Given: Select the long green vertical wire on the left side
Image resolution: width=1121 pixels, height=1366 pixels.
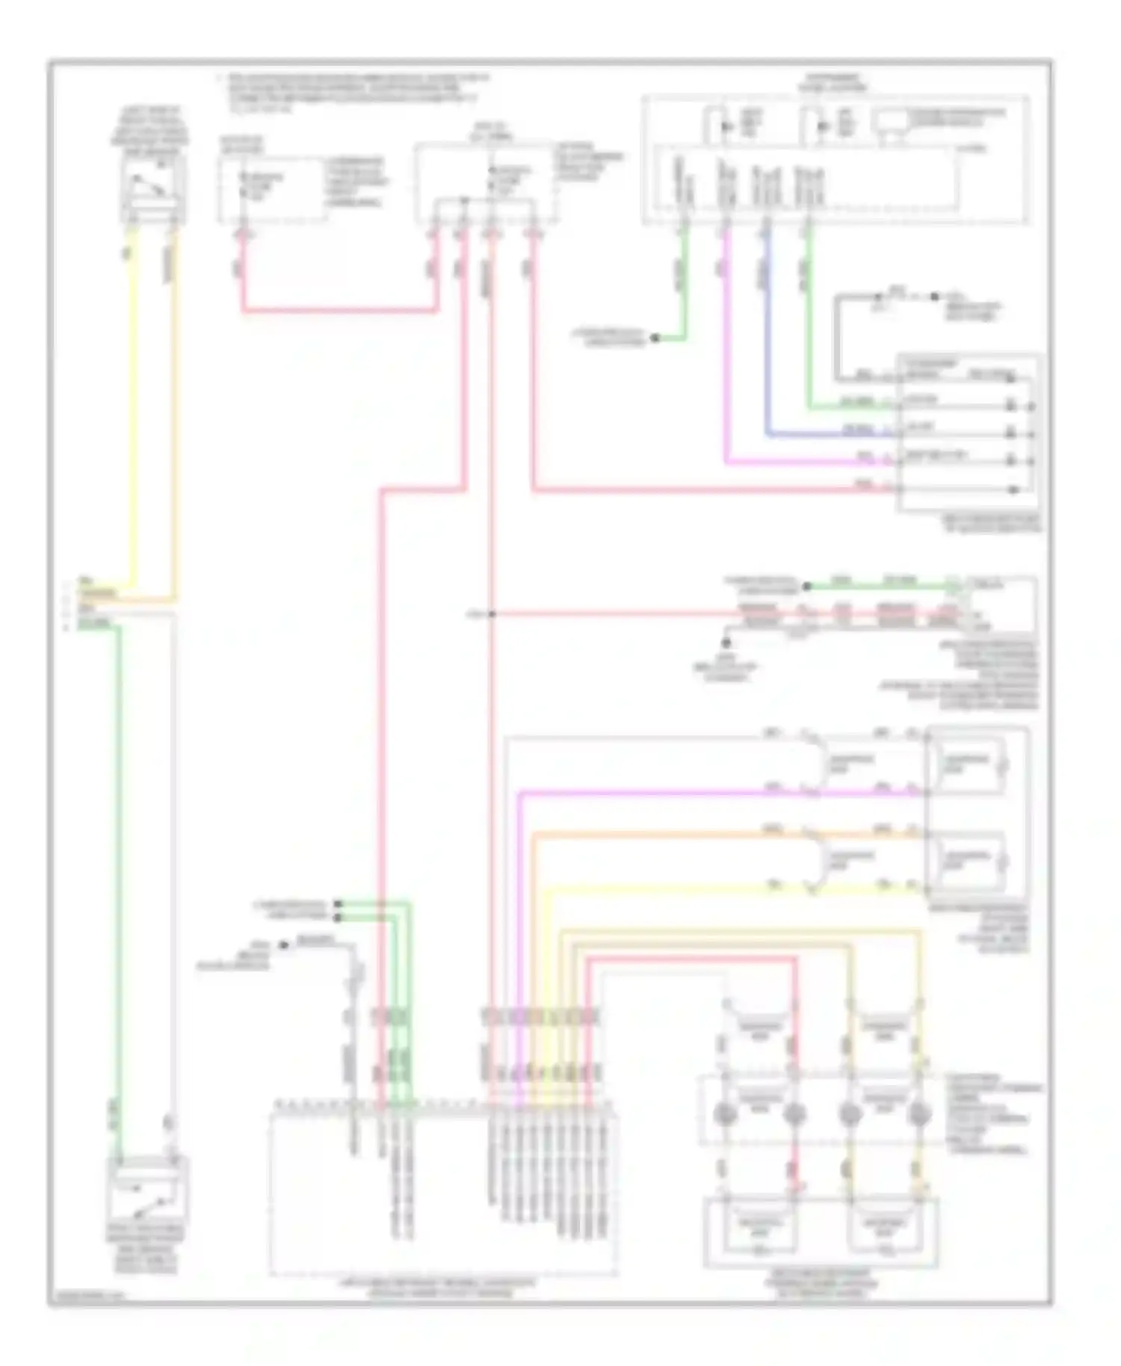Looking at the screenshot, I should tap(118, 859).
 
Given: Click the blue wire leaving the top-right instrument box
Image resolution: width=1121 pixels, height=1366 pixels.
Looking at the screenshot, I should tap(767, 359).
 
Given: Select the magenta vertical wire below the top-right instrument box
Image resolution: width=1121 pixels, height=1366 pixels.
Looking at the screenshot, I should tap(726, 359).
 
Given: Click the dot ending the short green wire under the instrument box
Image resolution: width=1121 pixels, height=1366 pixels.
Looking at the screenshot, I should tap(654, 339).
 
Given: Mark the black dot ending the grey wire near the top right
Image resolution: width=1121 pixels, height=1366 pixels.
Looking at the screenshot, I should tap(934, 297).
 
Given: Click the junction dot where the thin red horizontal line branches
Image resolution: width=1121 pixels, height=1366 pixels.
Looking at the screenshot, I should tap(492, 614).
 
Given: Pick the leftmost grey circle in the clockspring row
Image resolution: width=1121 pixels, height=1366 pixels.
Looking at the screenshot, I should tap(725, 1114).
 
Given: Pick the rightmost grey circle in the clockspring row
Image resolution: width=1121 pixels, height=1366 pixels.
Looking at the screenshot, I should tap(918, 1114).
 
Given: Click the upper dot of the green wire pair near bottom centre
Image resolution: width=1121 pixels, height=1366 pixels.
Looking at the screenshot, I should tap(339, 903).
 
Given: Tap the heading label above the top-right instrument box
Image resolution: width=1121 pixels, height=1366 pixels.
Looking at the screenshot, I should tap(833, 82).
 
